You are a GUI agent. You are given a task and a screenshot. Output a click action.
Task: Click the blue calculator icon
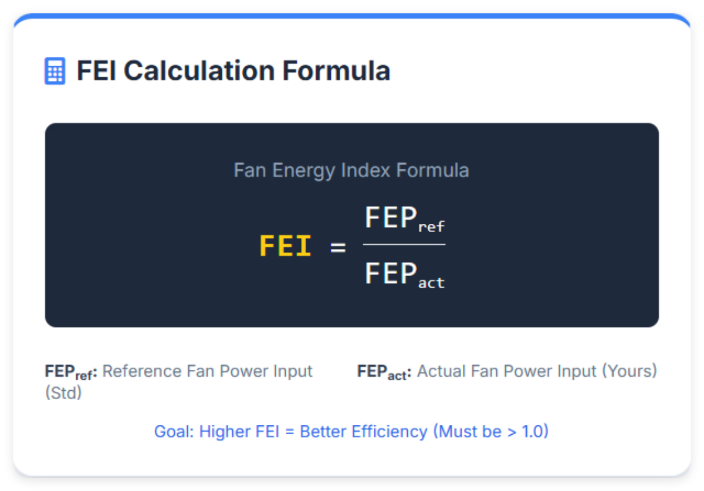tap(55, 71)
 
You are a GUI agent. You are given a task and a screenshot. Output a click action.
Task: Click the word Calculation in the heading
tap(198, 71)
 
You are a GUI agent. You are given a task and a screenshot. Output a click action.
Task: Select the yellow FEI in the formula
tap(285, 247)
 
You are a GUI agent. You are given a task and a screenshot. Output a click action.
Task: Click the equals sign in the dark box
tap(338, 247)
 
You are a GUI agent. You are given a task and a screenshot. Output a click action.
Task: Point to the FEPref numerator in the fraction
tap(404, 219)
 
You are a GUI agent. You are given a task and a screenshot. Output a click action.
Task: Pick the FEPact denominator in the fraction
tap(404, 274)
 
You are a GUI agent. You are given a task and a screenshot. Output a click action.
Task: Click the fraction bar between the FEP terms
tap(404, 244)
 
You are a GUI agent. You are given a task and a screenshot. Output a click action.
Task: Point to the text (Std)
tap(63, 393)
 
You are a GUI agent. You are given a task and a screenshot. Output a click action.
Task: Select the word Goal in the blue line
tap(172, 432)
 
